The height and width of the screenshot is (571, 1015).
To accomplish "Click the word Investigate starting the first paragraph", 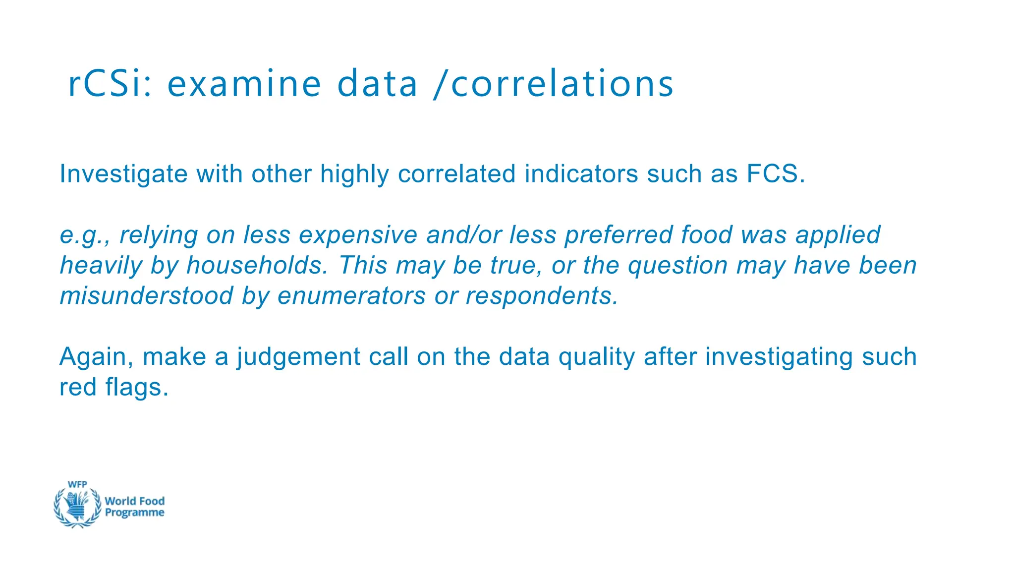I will (123, 174).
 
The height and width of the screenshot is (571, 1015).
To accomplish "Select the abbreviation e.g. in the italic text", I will (84, 235).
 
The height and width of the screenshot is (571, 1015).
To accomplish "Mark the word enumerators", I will (351, 296).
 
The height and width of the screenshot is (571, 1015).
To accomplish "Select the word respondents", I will (542, 296).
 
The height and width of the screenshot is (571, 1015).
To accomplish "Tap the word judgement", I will (298, 357).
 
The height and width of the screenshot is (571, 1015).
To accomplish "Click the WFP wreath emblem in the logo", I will (77, 506).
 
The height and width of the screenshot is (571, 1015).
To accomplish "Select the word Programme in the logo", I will (134, 513).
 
